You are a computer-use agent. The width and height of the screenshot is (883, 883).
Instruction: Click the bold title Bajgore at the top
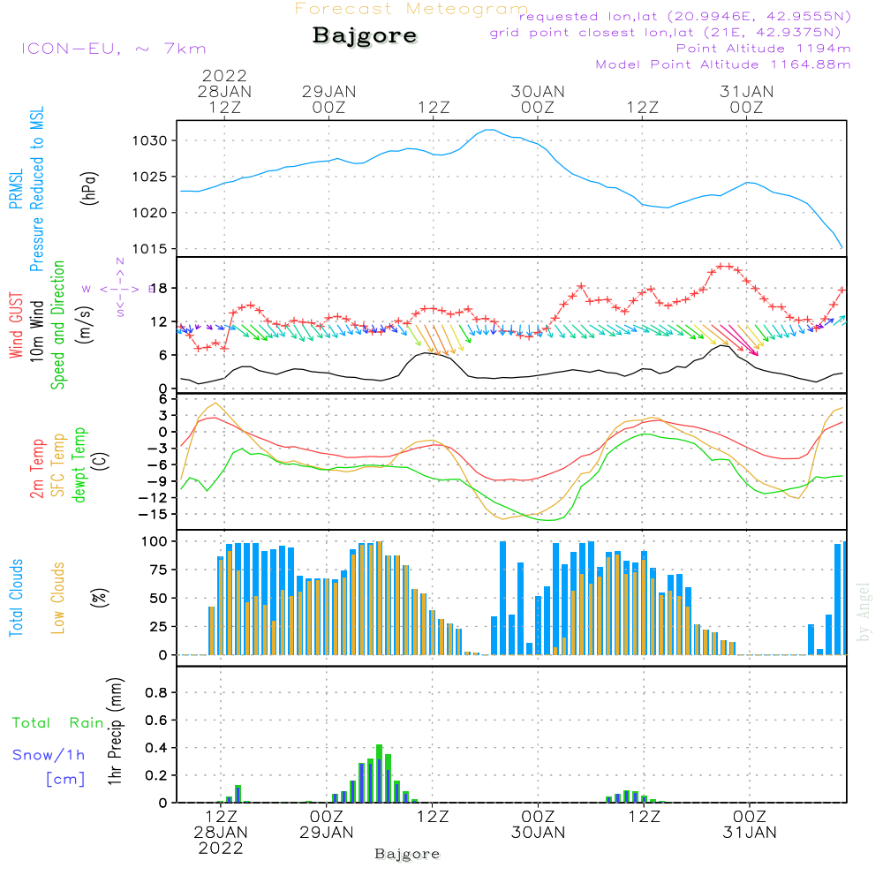pos(365,37)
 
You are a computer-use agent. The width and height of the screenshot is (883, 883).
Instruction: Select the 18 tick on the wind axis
pos(161,289)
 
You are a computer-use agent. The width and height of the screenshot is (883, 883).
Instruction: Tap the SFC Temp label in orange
pos(59,466)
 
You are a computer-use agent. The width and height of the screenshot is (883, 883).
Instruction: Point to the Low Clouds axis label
pos(58,598)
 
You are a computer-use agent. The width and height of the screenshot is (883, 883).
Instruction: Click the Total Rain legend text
pos(57,723)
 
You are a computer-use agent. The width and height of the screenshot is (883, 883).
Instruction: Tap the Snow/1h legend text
pos(49,755)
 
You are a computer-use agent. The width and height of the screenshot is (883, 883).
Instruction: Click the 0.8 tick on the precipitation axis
pos(156,692)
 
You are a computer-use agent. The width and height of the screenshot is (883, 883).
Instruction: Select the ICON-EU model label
pos(113,49)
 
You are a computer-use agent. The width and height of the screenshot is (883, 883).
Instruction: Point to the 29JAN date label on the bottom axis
pos(328,832)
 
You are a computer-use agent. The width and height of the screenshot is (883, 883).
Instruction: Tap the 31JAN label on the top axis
pos(747,92)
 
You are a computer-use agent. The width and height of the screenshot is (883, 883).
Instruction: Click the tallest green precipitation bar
pos(379,749)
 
